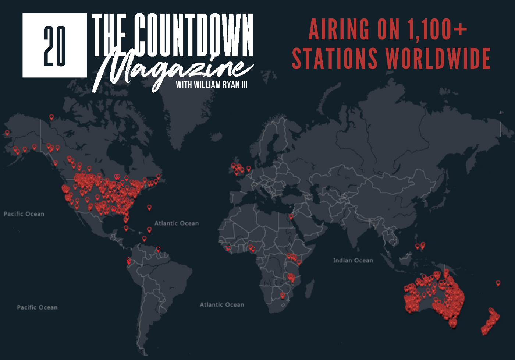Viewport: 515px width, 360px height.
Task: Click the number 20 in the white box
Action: coord(55,46)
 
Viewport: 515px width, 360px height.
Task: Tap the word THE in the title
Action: coord(109,35)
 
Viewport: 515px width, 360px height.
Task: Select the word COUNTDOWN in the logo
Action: coord(193,35)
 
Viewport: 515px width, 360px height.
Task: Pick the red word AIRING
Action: coord(339,29)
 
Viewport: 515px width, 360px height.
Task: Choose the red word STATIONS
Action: coord(335,58)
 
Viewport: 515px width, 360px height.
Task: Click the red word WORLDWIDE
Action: coord(438,58)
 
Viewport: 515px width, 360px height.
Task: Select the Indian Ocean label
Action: coord(353,261)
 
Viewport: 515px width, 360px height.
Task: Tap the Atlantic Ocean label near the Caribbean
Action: coord(177,223)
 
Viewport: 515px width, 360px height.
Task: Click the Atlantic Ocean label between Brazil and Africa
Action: coord(222,305)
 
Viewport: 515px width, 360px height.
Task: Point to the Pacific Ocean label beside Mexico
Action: coord(24,214)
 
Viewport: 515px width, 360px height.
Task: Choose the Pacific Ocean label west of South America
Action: coord(37,307)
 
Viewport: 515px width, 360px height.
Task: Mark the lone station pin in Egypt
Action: coord(291,216)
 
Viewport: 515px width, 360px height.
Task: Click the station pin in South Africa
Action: coord(283,295)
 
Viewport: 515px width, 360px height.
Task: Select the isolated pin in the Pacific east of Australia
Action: coord(498,283)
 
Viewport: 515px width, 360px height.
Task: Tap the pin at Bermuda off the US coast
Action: coord(149,208)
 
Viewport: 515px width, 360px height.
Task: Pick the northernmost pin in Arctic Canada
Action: coord(51,117)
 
